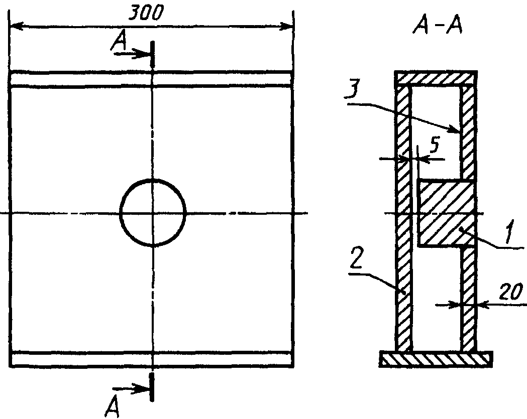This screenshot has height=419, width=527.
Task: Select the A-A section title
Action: tap(437, 26)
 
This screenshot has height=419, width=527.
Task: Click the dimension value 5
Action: tap(435, 145)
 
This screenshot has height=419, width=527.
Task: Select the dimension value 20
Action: tap(511, 292)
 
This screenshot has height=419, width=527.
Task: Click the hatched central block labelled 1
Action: tap(446, 214)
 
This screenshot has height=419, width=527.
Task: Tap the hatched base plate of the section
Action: tap(436, 359)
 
